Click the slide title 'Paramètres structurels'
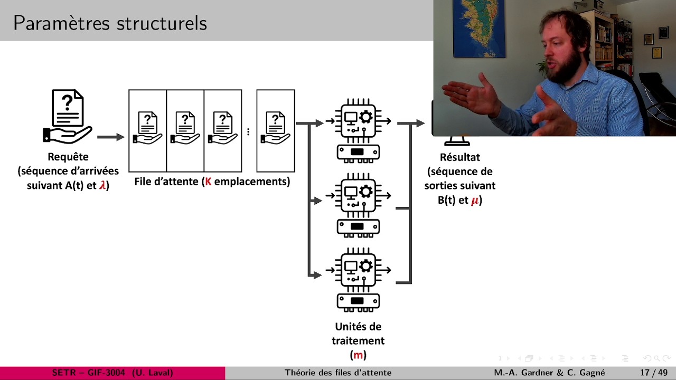(110, 23)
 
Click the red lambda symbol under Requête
(102, 185)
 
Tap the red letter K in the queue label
(208, 182)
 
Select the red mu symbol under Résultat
(475, 200)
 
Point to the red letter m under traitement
(358, 355)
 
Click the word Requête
(68, 157)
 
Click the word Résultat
(459, 157)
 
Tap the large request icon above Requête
(68, 116)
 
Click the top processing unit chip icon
(358, 121)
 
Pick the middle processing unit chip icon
(358, 196)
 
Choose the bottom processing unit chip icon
(358, 270)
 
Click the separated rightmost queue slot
(275, 130)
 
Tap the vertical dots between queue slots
(248, 131)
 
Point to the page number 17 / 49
(654, 373)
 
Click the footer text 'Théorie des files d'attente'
(338, 373)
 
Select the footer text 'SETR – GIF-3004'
(89, 373)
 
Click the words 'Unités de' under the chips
(358, 327)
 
